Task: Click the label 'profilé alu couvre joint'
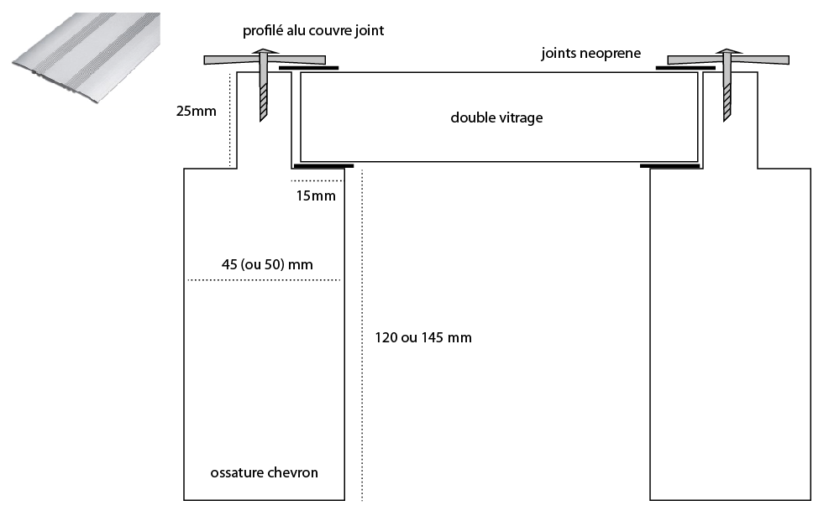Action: [313, 31]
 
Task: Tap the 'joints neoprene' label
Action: [590, 54]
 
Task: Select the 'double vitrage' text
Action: [496, 117]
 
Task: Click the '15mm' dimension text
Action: [316, 196]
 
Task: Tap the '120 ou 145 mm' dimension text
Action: [422, 337]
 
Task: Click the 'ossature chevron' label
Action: [264, 472]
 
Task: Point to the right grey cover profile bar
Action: [760, 60]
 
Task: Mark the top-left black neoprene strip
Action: [308, 67]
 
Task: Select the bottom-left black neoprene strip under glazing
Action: [323, 165]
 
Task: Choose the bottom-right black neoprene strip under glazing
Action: [669, 165]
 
